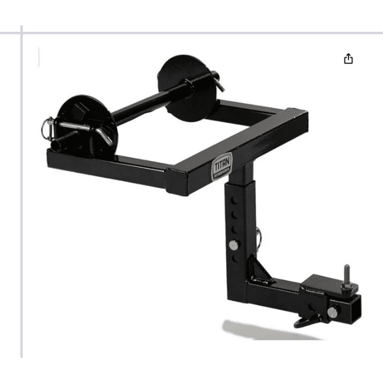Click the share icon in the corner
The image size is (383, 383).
pyautogui.click(x=348, y=59)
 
